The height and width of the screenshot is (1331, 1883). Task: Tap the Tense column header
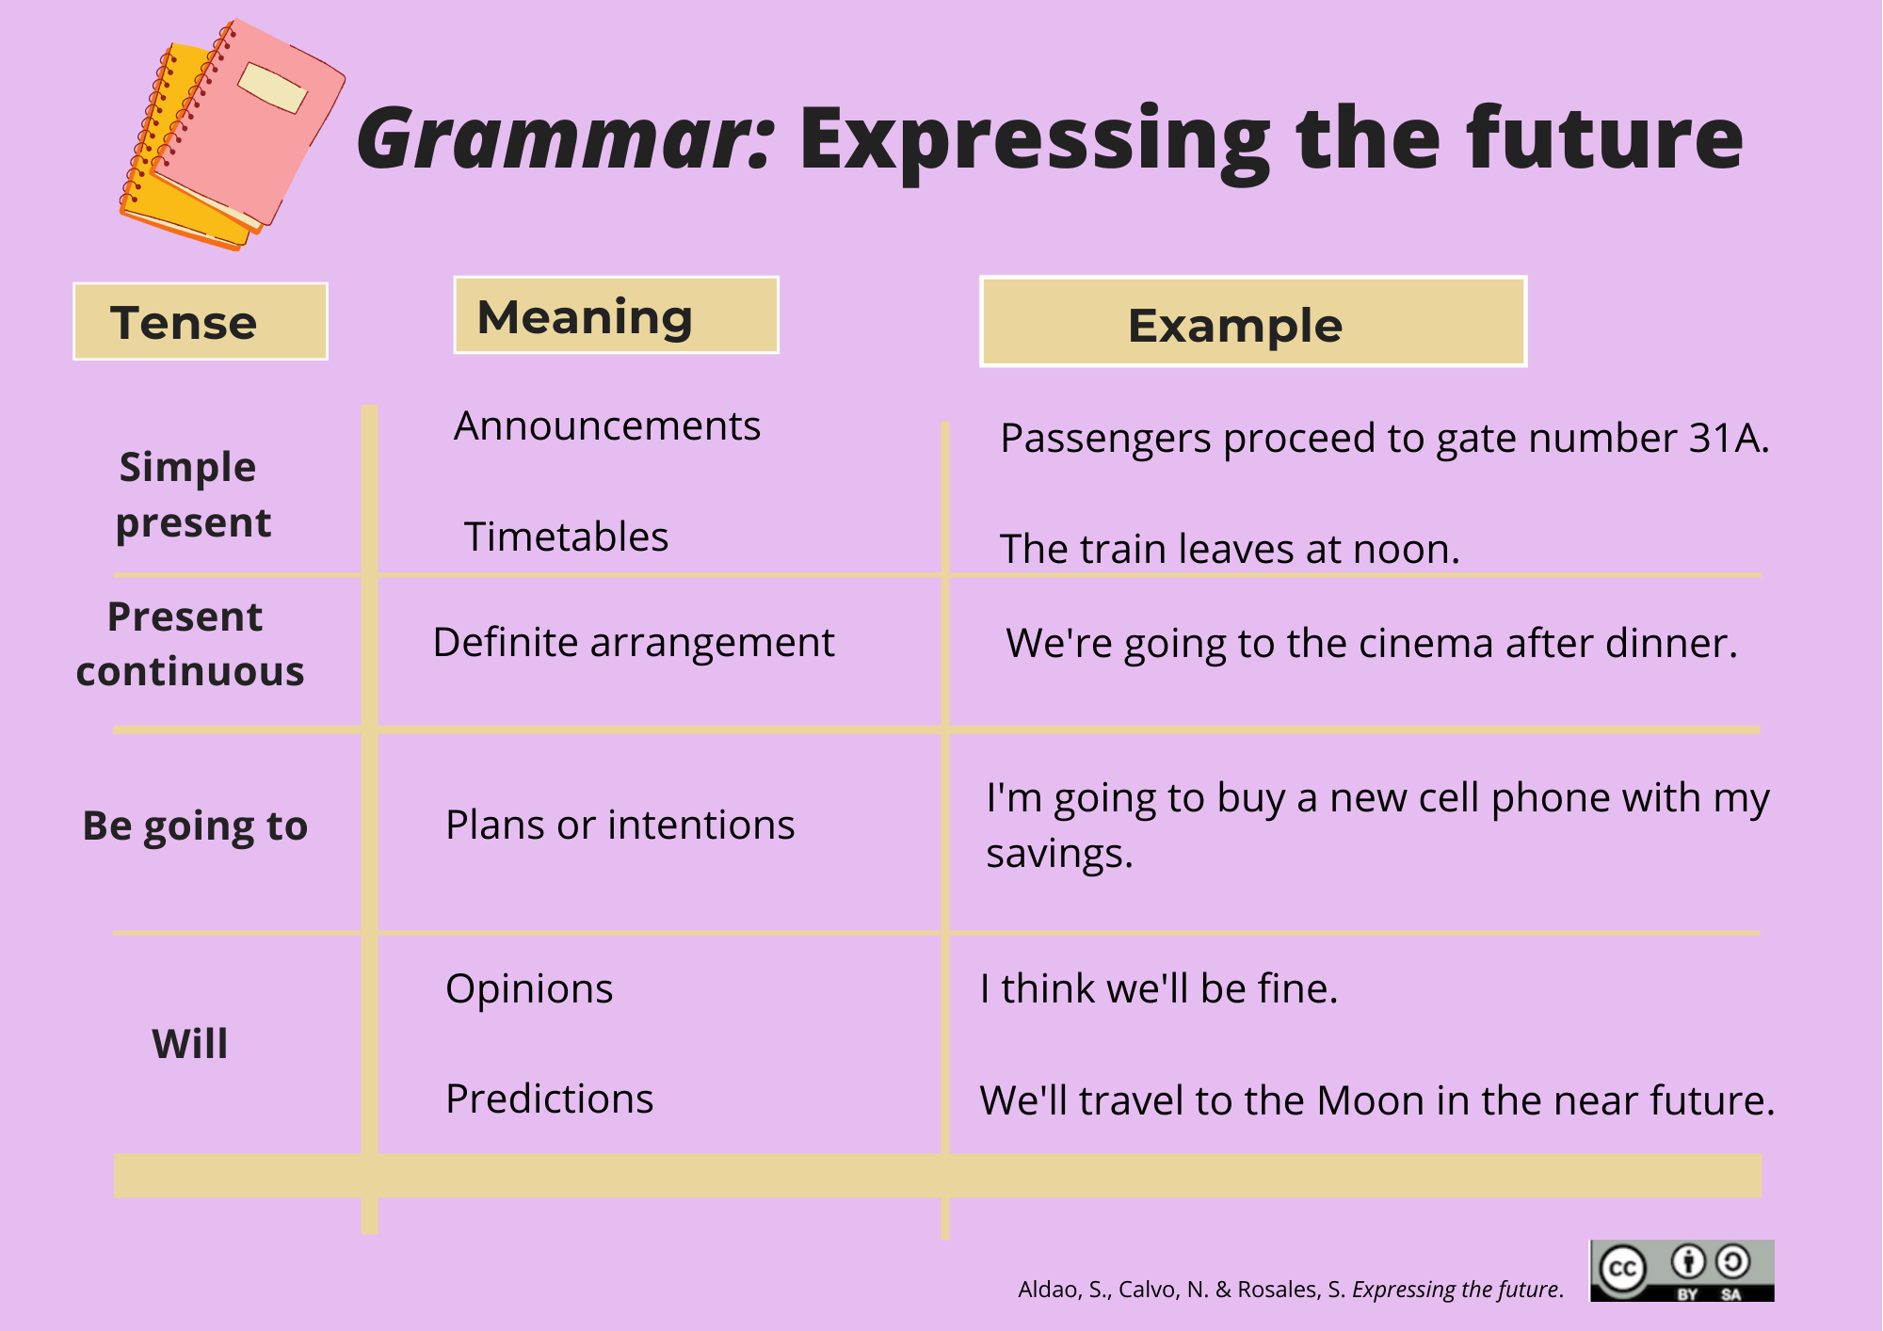(201, 321)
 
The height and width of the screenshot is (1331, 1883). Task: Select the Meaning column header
(617, 315)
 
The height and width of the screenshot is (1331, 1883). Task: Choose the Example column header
(1253, 322)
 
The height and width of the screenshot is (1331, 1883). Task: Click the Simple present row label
(193, 494)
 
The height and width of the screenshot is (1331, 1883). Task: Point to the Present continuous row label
(190, 644)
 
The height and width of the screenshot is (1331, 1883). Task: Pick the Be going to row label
(195, 826)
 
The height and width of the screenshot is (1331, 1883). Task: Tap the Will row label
(190, 1043)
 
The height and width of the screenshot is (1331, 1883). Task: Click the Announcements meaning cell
(607, 425)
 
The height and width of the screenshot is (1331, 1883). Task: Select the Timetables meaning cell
(566, 537)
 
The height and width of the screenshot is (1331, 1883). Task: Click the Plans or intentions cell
(620, 825)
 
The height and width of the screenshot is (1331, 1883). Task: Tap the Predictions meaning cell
(550, 1098)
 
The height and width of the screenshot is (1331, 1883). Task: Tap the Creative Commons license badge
(1682, 1271)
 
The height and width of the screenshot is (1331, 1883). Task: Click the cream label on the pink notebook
(272, 88)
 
